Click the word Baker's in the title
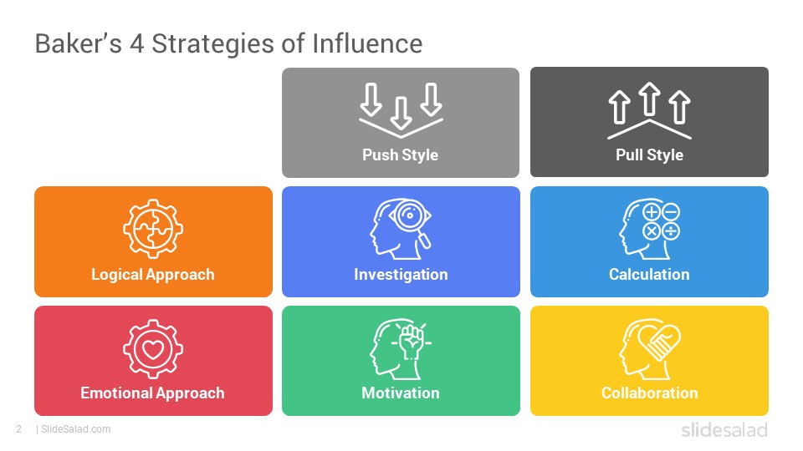click(79, 43)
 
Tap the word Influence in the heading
click(367, 43)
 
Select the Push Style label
click(401, 155)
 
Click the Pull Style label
click(649, 155)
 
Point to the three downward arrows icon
click(401, 110)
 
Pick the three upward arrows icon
click(649, 110)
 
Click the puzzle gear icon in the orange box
click(153, 229)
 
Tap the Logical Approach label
click(152, 275)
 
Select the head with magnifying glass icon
click(401, 229)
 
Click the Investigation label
click(401, 275)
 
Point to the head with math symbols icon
click(649, 229)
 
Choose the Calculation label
click(649, 275)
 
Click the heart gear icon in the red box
click(153, 349)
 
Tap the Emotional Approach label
click(152, 393)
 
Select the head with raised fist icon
click(401, 349)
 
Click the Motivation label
click(401, 393)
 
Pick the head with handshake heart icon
click(650, 349)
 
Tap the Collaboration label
click(649, 393)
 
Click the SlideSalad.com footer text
click(76, 429)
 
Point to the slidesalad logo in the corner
click(724, 430)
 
